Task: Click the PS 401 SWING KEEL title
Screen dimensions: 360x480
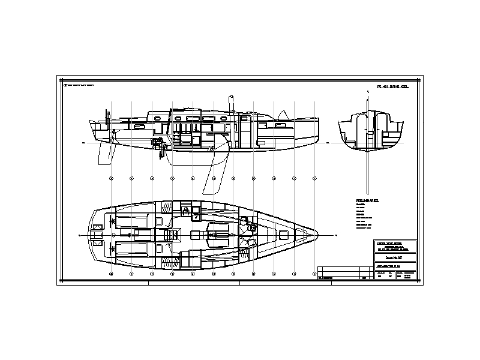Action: coord(392,87)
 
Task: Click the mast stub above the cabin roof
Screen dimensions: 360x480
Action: coord(230,103)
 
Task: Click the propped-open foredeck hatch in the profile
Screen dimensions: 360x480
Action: coord(282,114)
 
